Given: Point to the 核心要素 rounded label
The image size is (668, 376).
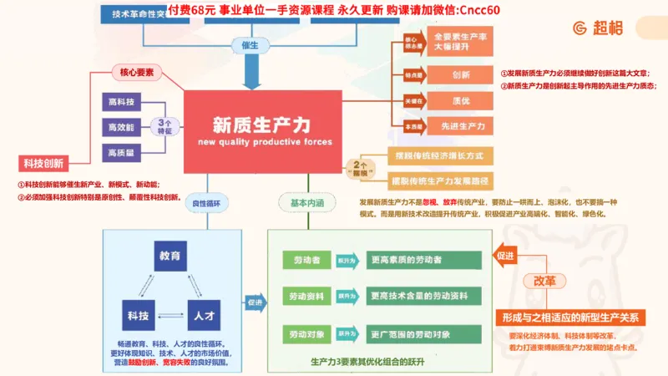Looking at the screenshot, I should (137, 74).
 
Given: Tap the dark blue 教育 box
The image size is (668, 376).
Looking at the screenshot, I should (170, 256).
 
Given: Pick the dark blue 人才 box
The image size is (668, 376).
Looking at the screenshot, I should (203, 315).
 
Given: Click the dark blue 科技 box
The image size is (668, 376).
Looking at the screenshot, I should (137, 315).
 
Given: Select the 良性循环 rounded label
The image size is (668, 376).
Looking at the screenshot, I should (210, 203).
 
